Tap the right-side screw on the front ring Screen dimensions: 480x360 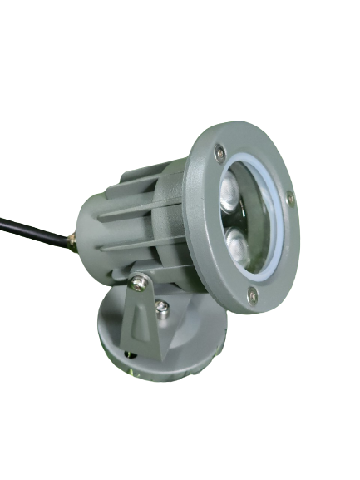pos(289,200)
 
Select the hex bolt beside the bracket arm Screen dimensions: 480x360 pos(163,313)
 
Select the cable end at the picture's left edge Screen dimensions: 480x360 pos(3,223)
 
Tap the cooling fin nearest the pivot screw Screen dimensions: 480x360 pos(133,262)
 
